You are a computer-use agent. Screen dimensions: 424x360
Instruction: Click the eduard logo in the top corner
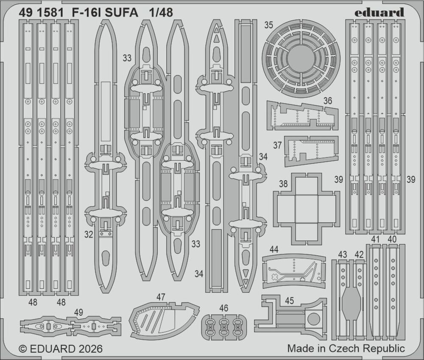[379, 13]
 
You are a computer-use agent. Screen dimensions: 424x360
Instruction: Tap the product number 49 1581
[41, 13]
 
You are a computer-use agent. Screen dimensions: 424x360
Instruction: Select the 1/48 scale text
[161, 13]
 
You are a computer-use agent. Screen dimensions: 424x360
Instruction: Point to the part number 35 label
[268, 25]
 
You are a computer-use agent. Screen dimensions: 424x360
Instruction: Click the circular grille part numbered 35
[301, 59]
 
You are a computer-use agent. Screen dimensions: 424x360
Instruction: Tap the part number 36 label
[327, 101]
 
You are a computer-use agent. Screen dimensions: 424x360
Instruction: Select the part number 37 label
[277, 145]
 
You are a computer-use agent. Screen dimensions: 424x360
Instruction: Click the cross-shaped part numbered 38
[307, 209]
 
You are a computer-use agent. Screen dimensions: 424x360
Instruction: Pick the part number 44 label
[274, 249]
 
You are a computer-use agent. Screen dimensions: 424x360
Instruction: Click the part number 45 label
[289, 301]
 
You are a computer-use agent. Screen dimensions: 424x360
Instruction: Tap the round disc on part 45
[313, 319]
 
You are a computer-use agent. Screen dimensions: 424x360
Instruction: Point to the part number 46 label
[223, 308]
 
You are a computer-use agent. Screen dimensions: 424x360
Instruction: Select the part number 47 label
[161, 297]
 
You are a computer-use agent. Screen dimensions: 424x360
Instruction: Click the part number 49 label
[78, 313]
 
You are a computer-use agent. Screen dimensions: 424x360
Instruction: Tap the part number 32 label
[89, 234]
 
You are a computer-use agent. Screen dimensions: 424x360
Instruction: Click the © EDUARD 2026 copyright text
[61, 349]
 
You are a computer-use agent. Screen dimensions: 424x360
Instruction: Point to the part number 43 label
[343, 254]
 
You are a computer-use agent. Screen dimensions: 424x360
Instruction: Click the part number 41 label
[375, 239]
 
